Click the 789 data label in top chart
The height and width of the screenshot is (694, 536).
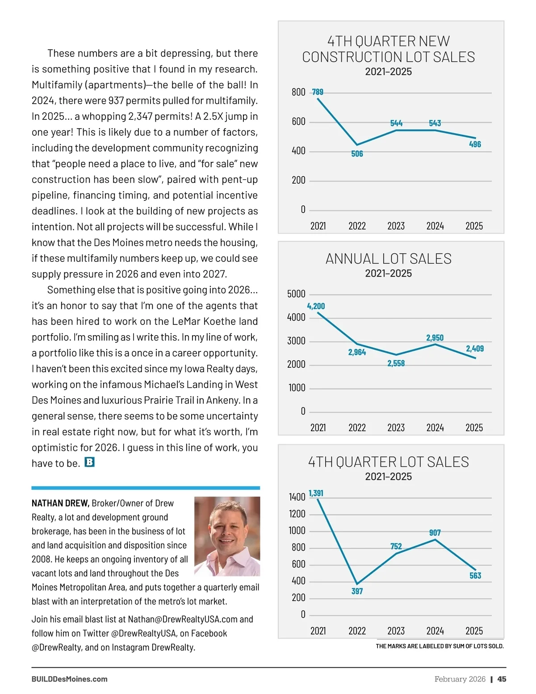[318, 92]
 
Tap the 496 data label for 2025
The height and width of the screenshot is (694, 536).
[475, 144]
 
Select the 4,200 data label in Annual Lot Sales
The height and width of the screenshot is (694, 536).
[316, 306]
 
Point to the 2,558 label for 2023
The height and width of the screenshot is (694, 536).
[396, 363]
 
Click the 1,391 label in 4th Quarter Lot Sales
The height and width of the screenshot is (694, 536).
[316, 493]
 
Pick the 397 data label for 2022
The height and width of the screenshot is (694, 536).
[357, 591]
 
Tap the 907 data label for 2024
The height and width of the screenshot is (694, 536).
[435, 533]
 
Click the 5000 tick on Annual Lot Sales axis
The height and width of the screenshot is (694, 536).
[296, 294]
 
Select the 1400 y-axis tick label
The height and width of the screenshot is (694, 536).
[297, 497]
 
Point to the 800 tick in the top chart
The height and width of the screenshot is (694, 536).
[298, 93]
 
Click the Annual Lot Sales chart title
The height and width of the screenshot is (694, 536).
[388, 259]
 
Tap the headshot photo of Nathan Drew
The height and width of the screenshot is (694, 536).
[227, 536]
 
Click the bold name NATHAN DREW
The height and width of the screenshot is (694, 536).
[60, 503]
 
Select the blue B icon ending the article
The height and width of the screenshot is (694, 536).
[89, 462]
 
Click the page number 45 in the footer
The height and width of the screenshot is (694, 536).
[502, 679]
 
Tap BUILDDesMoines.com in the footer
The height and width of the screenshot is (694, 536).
[69, 679]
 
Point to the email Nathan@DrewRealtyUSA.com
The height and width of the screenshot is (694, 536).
[183, 619]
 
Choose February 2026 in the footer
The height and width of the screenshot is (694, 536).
[460, 679]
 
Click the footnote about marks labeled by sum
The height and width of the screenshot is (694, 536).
[440, 646]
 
